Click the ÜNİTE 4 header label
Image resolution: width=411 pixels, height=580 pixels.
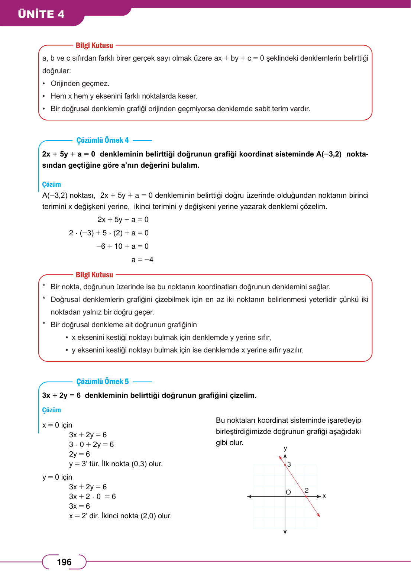41,14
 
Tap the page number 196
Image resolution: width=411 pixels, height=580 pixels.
64,562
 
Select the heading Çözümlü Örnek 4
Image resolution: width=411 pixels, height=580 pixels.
103,140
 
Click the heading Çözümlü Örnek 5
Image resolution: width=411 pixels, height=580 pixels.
103,381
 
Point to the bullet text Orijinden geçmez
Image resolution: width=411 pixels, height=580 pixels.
80,83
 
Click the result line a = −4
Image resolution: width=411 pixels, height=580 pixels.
142,260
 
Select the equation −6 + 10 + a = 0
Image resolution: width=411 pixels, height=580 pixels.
122,246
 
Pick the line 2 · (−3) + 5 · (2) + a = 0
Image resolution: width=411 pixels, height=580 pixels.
109,233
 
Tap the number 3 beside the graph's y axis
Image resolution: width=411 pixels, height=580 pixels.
289,464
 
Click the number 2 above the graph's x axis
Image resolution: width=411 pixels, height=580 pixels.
307,490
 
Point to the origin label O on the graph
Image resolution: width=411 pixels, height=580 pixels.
288,492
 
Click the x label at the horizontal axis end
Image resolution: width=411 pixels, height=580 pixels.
324,496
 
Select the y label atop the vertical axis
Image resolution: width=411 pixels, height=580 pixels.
285,448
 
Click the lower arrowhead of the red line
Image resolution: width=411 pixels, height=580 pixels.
318,515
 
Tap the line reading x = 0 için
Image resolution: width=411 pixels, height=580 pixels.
57,425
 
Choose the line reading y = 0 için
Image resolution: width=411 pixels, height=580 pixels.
57,477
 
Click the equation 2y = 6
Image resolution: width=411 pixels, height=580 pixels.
80,454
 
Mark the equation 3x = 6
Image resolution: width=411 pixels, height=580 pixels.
80,506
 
